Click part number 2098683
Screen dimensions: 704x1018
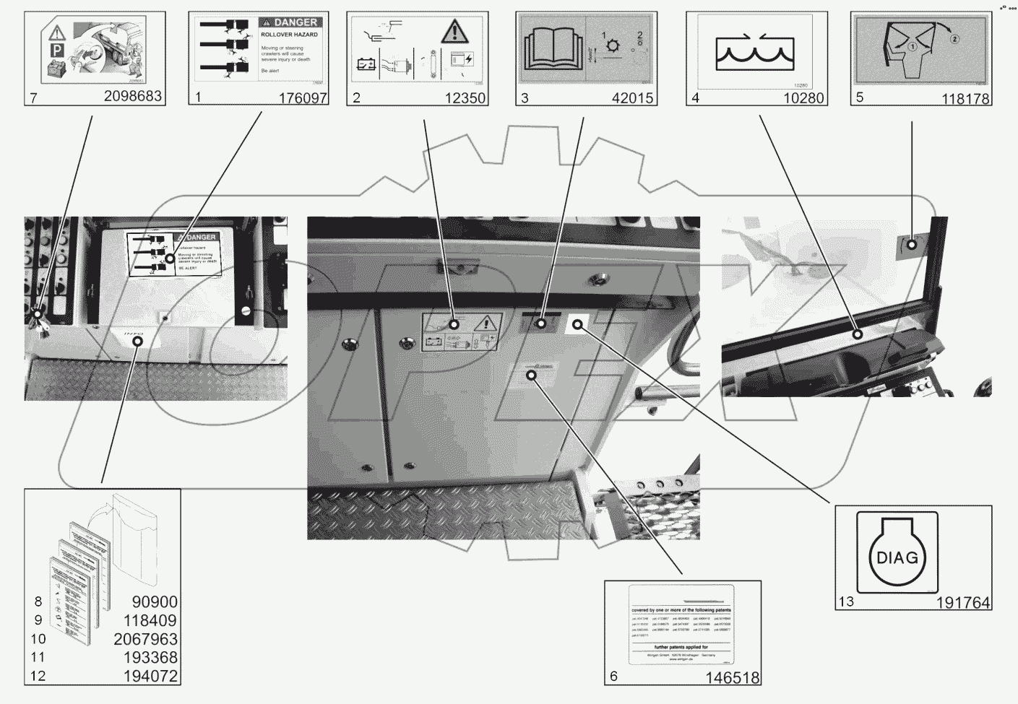point(133,96)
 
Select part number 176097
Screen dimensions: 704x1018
point(303,97)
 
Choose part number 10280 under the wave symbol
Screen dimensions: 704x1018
point(803,97)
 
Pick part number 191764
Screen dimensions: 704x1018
point(964,602)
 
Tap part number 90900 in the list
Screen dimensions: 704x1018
point(155,601)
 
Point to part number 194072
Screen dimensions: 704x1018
point(150,677)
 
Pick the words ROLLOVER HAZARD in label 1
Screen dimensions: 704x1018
point(290,35)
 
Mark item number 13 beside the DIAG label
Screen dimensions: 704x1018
point(846,601)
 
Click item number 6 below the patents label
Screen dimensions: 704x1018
point(614,677)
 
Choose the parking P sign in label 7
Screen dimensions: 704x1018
point(55,51)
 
